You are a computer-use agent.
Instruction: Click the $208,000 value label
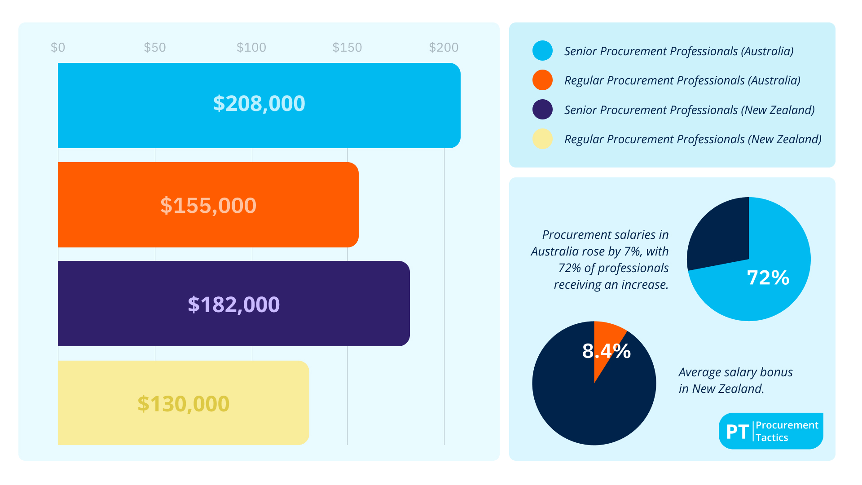259,104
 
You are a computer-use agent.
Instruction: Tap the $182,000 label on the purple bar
233,304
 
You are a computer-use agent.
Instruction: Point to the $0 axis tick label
58,47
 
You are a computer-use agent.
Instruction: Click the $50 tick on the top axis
155,47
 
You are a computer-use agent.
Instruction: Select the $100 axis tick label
251,47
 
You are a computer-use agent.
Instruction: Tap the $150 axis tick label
347,47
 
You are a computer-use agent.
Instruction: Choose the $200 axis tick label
444,47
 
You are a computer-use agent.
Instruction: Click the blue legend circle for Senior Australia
542,51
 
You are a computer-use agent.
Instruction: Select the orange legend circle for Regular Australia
542,80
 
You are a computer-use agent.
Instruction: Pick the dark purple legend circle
542,110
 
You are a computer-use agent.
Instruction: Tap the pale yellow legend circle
542,139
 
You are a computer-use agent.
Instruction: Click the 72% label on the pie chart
768,278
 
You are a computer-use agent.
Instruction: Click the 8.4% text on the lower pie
606,351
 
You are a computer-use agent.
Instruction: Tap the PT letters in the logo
737,432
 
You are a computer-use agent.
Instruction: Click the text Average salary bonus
735,372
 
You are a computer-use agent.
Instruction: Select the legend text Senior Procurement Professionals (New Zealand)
689,110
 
